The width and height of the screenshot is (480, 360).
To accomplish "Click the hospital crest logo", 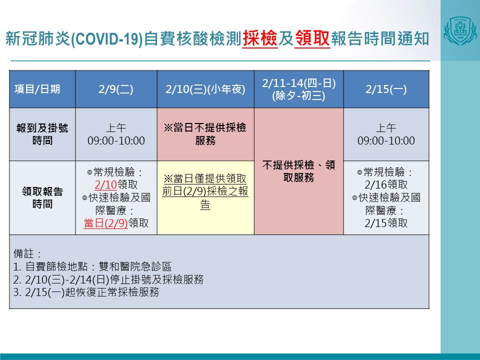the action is [460, 31].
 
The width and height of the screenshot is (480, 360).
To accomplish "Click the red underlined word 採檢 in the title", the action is [260, 39].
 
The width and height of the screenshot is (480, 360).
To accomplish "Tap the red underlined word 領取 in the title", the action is [312, 39].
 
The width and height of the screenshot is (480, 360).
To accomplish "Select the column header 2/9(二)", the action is [116, 89].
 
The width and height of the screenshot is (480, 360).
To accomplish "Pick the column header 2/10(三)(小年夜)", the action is [205, 89].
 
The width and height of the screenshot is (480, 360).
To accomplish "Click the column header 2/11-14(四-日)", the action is [299, 83].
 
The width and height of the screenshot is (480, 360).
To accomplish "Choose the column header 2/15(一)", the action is [386, 89].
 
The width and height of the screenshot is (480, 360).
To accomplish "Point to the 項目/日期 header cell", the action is [37, 89].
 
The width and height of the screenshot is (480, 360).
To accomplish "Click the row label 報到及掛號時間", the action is [42, 134].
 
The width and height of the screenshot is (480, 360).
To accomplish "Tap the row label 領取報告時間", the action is [42, 197].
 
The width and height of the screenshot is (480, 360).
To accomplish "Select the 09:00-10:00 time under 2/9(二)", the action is [116, 140].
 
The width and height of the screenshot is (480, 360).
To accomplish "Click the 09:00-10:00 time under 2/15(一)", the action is [386, 140].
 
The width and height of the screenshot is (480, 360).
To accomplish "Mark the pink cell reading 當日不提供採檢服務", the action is [205, 134].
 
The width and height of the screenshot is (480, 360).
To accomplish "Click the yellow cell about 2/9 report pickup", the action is [205, 198].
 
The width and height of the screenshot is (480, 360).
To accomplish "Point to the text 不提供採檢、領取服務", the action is [299, 171].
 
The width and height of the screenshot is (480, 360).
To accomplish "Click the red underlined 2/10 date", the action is [105, 184].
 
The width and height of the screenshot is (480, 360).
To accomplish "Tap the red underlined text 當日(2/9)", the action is [105, 223].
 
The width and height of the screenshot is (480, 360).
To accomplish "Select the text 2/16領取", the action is [386, 184].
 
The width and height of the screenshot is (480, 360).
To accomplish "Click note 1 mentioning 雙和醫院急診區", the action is [92, 266].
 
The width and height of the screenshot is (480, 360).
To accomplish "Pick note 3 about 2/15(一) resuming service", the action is [86, 292].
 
